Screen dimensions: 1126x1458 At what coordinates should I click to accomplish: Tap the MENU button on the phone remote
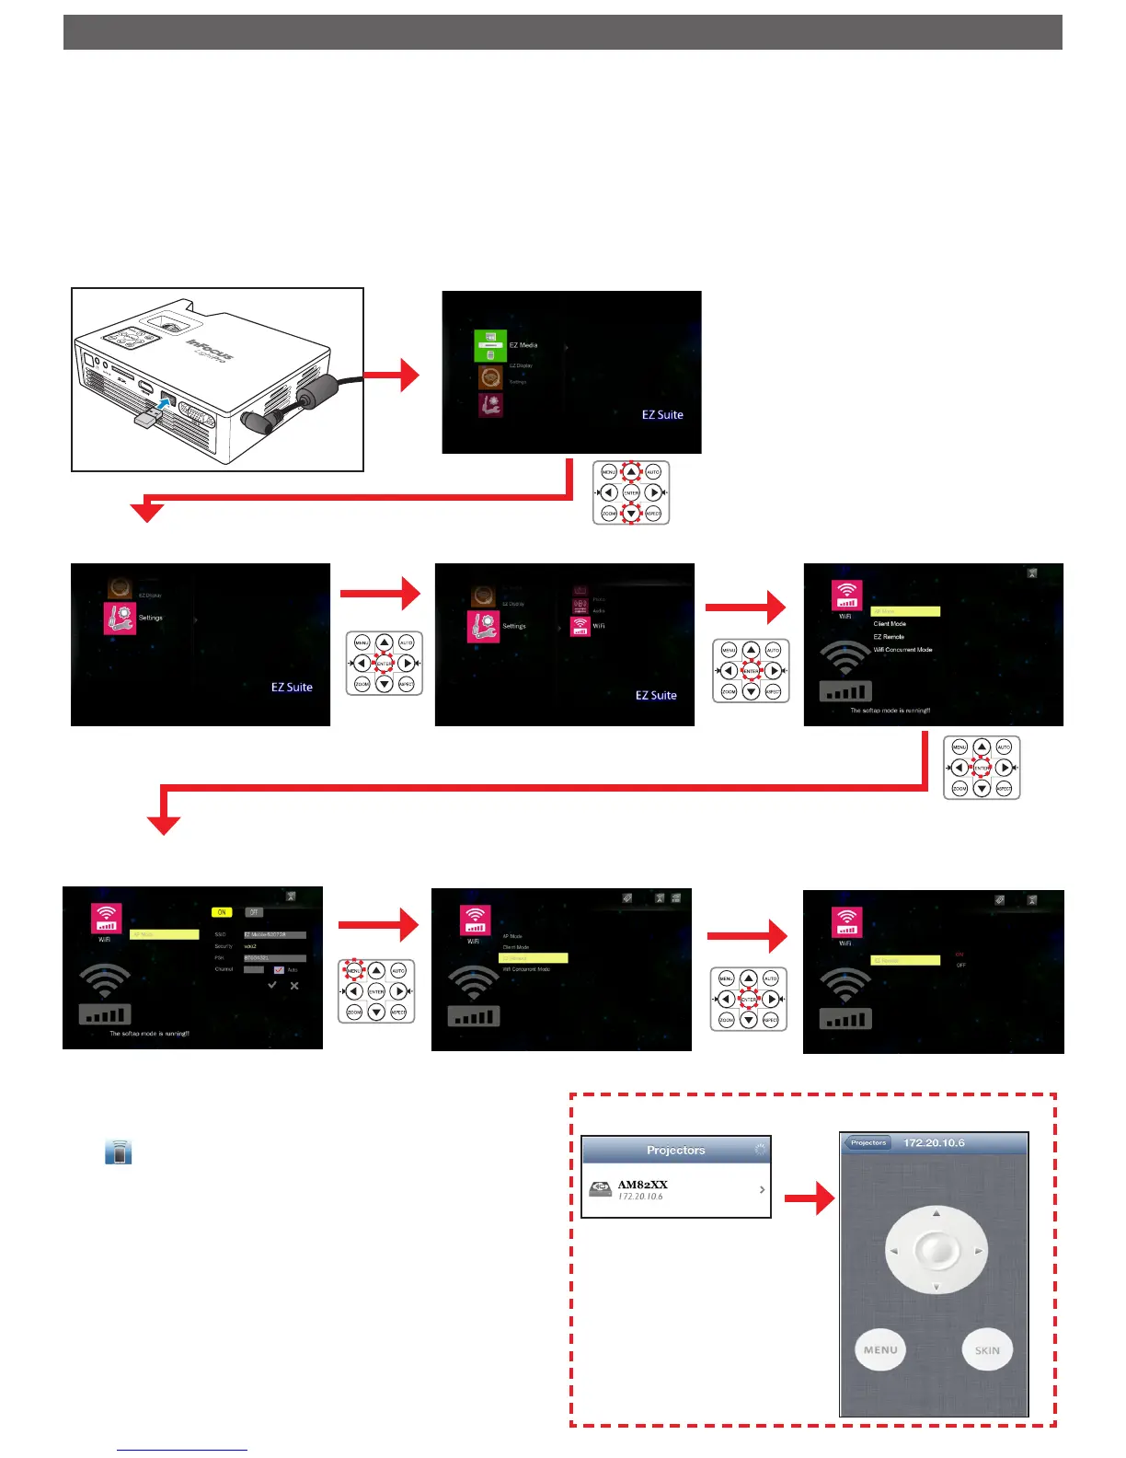[880, 1350]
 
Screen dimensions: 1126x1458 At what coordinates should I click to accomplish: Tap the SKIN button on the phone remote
[987, 1350]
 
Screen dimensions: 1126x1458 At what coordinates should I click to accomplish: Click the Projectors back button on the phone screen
[867, 1143]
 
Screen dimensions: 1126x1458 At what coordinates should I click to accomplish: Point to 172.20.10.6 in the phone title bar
[934, 1143]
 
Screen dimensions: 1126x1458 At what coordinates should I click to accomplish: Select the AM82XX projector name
[642, 1184]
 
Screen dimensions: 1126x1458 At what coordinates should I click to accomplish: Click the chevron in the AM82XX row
[762, 1190]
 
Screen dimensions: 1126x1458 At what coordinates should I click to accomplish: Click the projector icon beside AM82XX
[601, 1189]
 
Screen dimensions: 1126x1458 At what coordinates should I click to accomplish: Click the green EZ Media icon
[490, 346]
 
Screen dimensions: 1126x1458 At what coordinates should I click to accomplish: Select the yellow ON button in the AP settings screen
[222, 912]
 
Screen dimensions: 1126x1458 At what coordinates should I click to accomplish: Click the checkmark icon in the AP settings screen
[272, 986]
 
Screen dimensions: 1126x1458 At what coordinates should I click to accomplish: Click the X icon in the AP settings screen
[294, 986]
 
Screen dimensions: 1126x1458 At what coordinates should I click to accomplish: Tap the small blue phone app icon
[119, 1151]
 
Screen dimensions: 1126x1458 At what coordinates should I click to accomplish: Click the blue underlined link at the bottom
[182, 1450]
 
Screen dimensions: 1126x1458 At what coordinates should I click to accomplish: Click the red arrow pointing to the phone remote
[810, 1198]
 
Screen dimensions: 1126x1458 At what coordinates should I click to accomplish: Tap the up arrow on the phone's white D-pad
[936, 1213]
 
